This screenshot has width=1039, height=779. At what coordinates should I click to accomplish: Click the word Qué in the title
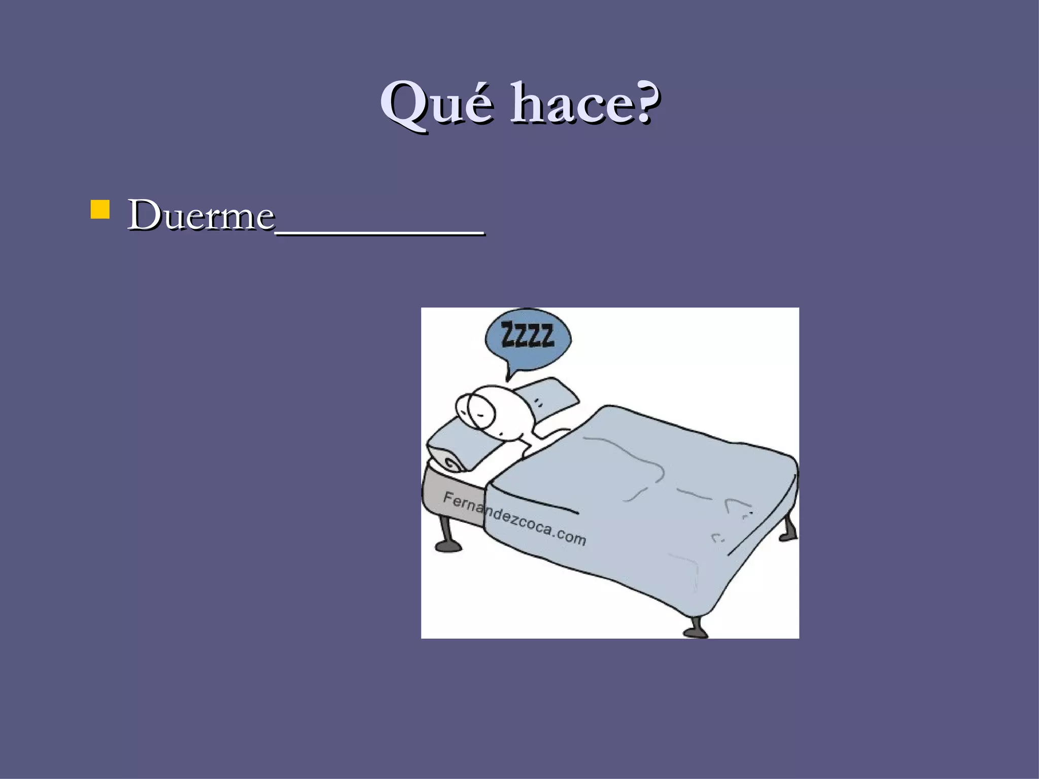coord(436,103)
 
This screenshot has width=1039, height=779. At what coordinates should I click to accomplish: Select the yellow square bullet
coord(100,209)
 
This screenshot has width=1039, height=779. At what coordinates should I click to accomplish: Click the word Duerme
coord(200,215)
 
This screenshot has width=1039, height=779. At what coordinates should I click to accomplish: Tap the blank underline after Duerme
coord(379,231)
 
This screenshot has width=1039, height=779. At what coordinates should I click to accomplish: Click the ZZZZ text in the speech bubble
coord(527,335)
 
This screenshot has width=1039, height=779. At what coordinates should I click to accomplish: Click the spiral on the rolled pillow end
coord(452,462)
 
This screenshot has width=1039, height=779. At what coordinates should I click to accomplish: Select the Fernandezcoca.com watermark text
coord(514,519)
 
